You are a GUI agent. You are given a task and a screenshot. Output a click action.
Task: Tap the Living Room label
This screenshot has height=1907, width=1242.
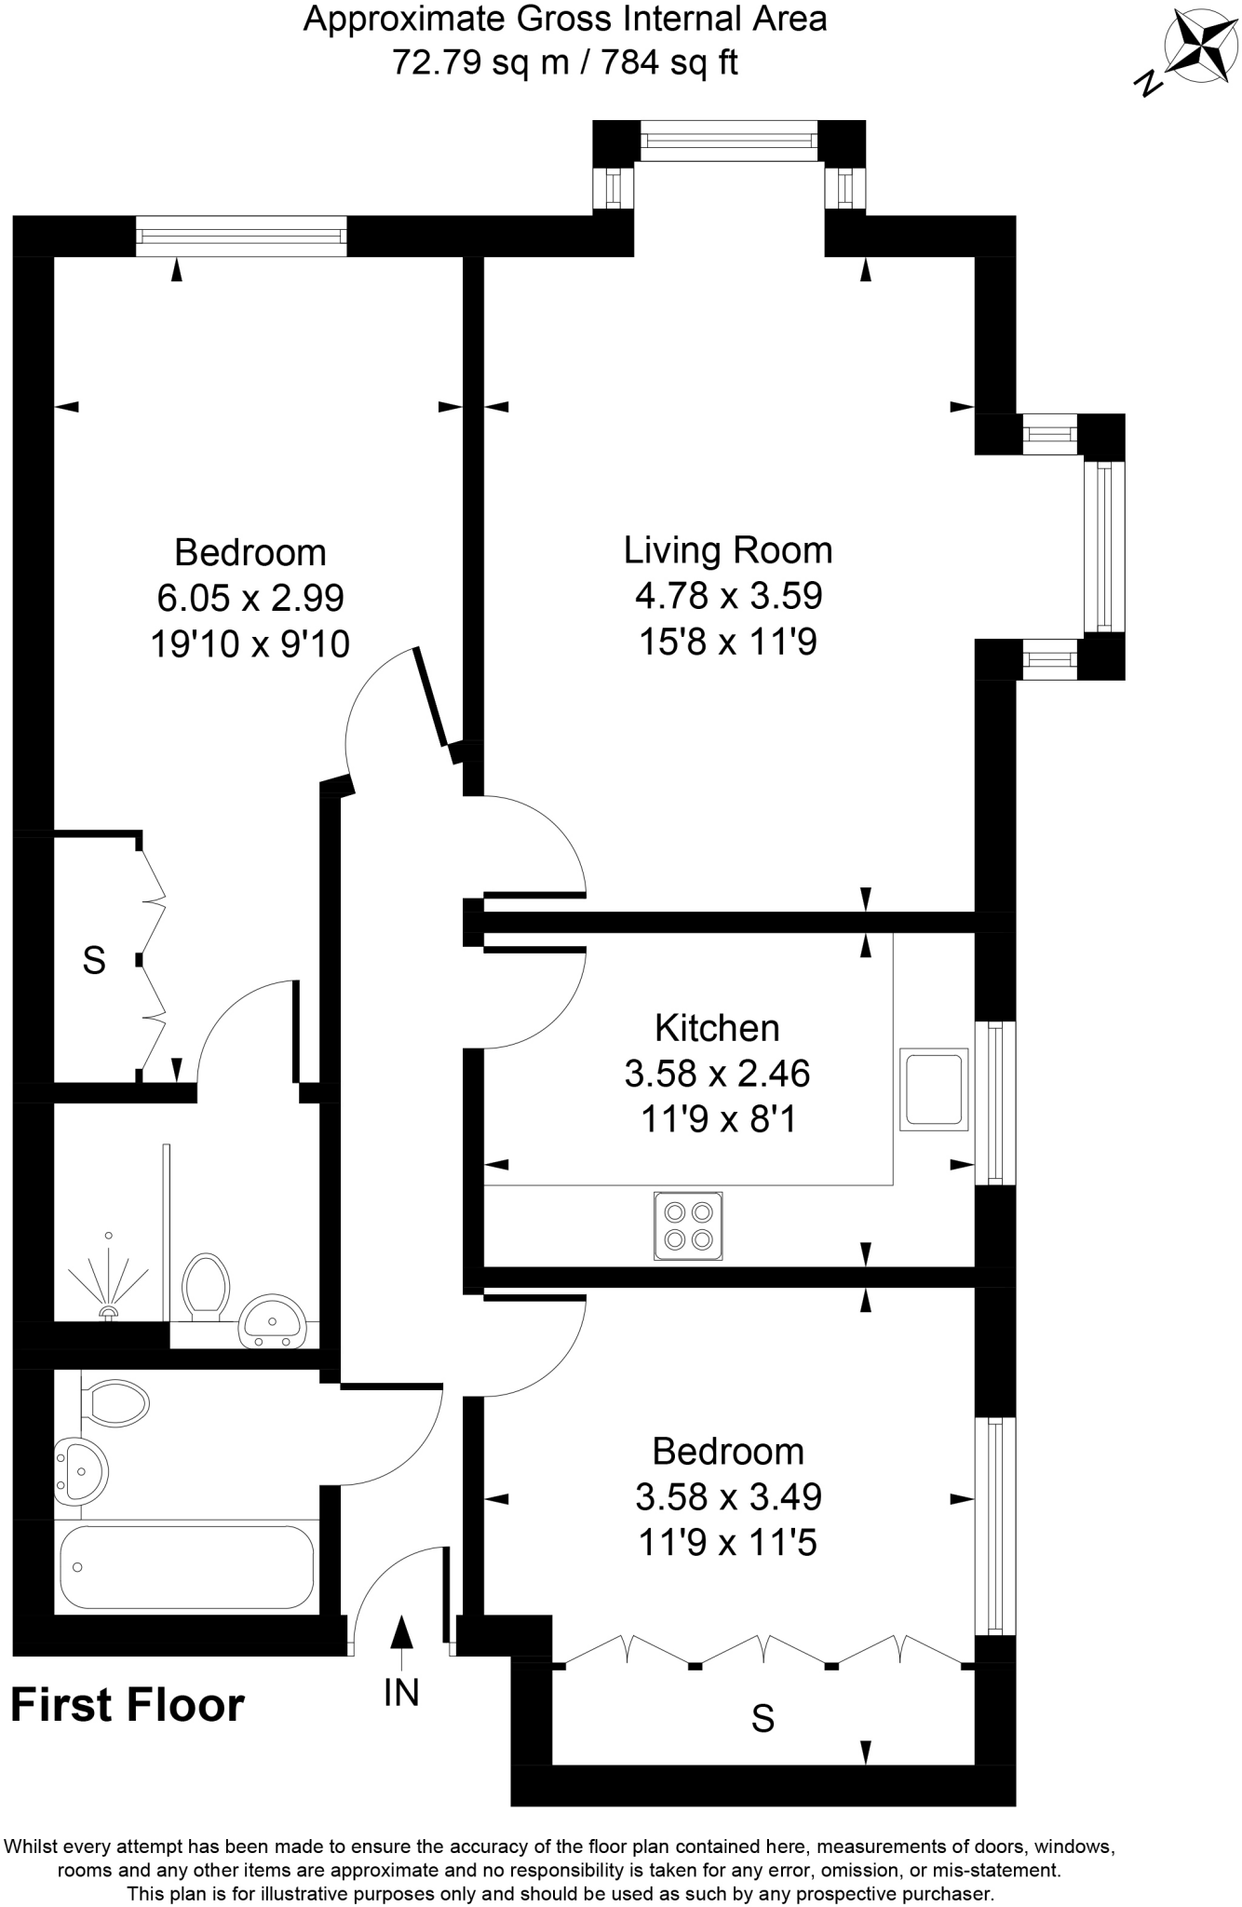(x=727, y=550)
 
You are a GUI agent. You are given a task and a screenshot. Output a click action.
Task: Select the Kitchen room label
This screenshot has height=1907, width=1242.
(x=717, y=1028)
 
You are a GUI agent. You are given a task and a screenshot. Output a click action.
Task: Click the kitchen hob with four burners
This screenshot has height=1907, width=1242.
(x=688, y=1225)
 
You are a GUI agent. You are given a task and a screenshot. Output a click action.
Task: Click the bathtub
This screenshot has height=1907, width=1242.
(x=186, y=1567)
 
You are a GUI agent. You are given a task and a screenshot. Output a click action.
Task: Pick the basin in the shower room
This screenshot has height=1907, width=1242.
(x=272, y=1320)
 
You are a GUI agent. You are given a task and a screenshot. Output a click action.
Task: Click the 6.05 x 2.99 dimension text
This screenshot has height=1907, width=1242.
(x=250, y=598)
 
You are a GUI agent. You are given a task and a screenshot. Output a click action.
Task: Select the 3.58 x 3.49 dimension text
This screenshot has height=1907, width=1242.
(x=728, y=1497)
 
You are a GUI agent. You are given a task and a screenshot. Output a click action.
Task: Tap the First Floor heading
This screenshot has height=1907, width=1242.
(x=128, y=1706)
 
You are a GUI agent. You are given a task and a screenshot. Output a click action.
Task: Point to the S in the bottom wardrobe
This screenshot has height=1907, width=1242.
(x=763, y=1718)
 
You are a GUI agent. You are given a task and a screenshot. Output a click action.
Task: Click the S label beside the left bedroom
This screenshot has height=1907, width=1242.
(x=94, y=960)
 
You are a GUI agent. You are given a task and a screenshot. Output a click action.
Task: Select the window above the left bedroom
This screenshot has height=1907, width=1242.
(x=241, y=236)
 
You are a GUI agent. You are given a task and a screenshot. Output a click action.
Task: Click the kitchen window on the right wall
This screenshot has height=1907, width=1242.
(x=995, y=1103)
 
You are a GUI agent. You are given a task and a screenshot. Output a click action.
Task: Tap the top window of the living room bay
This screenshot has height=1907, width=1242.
(x=729, y=141)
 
